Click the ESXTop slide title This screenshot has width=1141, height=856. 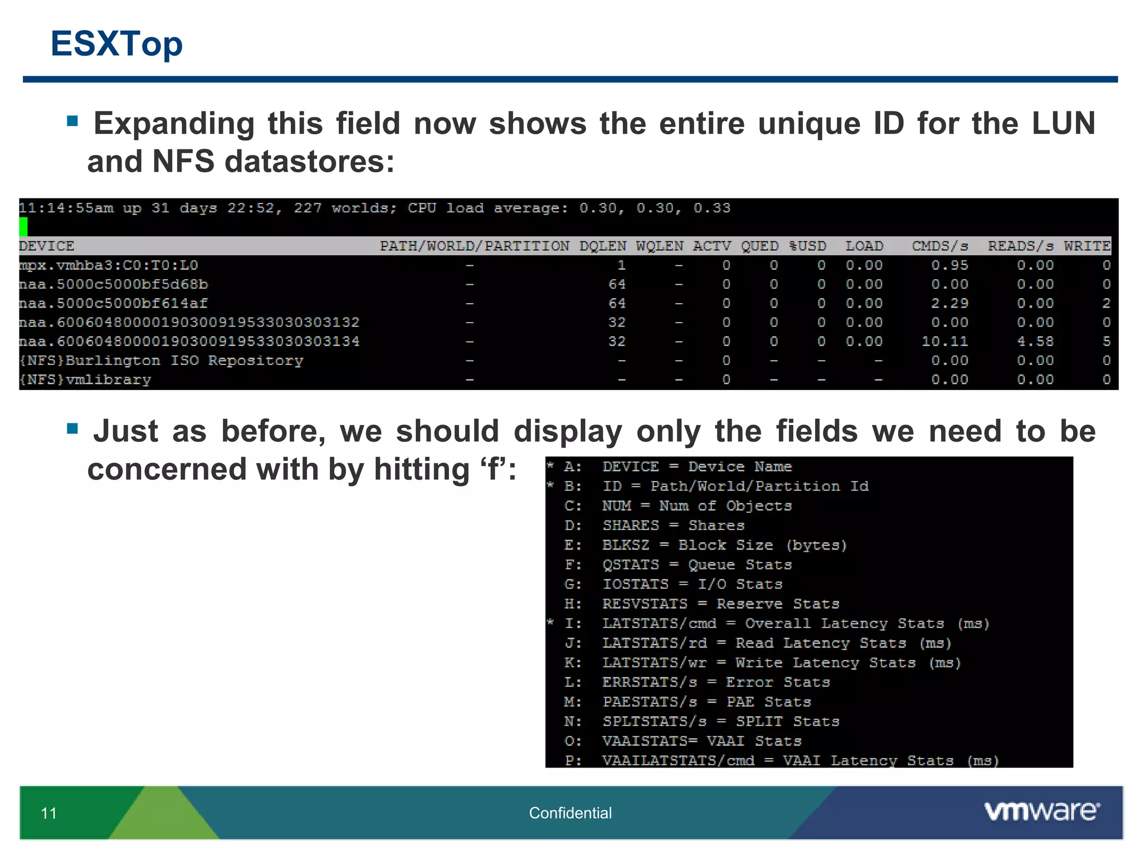coord(116,43)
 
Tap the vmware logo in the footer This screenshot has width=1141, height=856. coord(1041,811)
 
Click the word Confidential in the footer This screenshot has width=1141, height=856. coord(570,813)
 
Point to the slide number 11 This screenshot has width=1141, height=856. coord(49,814)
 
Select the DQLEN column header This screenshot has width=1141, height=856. coord(602,246)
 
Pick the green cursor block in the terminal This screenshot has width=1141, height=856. coord(23,226)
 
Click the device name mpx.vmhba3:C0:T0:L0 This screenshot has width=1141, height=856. coord(109,265)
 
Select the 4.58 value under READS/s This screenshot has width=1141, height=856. coord(1035,341)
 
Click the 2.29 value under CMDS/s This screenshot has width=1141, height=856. coord(949,303)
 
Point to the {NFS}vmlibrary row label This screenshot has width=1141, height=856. coord(85,380)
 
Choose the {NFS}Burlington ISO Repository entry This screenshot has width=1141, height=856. coord(162,361)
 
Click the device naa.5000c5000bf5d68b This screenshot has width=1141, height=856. coord(114,284)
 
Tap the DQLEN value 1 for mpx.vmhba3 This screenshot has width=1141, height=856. coord(621,265)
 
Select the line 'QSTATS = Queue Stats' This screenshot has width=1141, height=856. coord(696,565)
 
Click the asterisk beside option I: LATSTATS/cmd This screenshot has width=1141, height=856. coord(550,622)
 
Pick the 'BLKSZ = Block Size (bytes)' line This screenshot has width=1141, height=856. coord(724,545)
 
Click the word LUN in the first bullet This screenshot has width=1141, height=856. coord(1063,123)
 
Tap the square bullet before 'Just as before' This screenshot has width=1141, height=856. coord(72,428)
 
